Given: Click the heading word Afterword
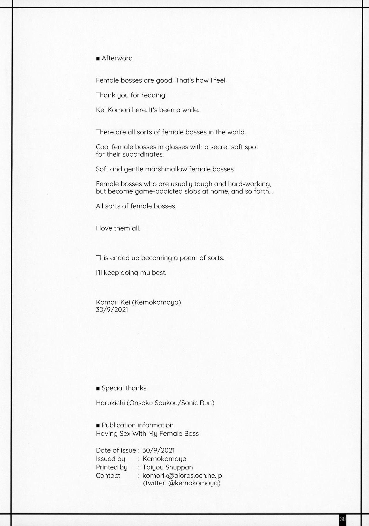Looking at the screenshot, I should pos(117,58).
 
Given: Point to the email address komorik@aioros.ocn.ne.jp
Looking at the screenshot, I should pos(182,476).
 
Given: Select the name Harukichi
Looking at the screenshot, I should pos(110,403).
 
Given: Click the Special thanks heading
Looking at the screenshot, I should pos(124,388).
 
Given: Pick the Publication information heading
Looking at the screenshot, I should pos(138,425).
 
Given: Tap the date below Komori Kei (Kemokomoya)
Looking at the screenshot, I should pos(112,310).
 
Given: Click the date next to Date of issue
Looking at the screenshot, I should pos(159,450).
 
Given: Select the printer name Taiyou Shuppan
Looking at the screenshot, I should pos(168,467).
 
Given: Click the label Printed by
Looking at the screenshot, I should pos(112,467).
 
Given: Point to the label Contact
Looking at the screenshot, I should pos(108,476).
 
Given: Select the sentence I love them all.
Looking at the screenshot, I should pos(118,228).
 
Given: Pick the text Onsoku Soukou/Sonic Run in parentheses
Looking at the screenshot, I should pos(170,403).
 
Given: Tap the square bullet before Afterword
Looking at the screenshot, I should pos(98,59).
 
